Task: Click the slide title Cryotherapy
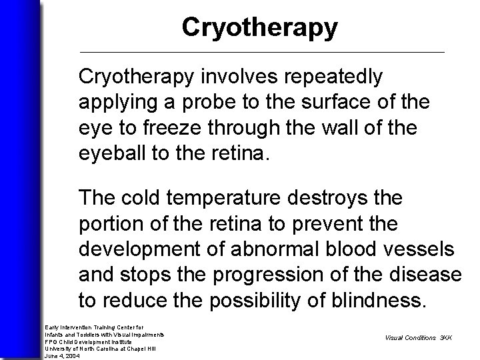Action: [259, 27]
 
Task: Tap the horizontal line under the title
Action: [261, 52]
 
